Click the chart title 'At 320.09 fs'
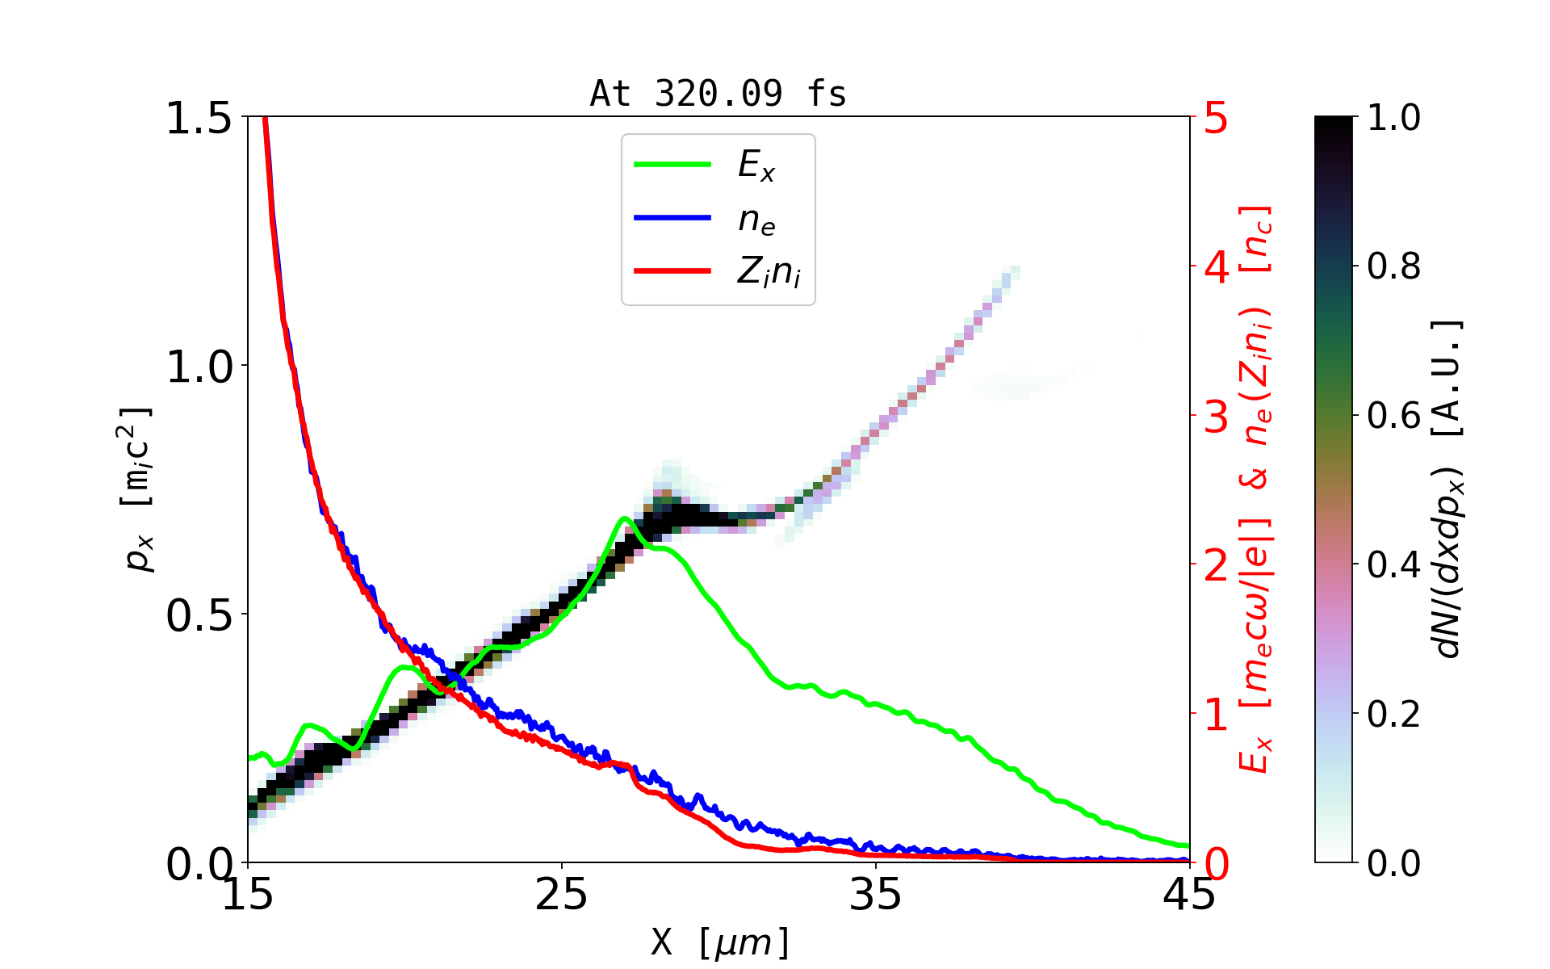[718, 94]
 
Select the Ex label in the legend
[756, 166]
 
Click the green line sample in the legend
[672, 165]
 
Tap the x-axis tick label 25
[561, 895]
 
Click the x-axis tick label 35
[876, 895]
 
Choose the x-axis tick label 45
[1189, 895]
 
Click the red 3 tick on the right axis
[1216, 417]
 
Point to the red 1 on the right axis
[1216, 715]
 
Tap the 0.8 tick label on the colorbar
[1393, 266]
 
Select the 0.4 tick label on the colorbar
[1393, 565]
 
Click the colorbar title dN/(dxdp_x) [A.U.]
[1448, 489]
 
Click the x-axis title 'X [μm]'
[719, 942]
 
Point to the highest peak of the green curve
[624, 518]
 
